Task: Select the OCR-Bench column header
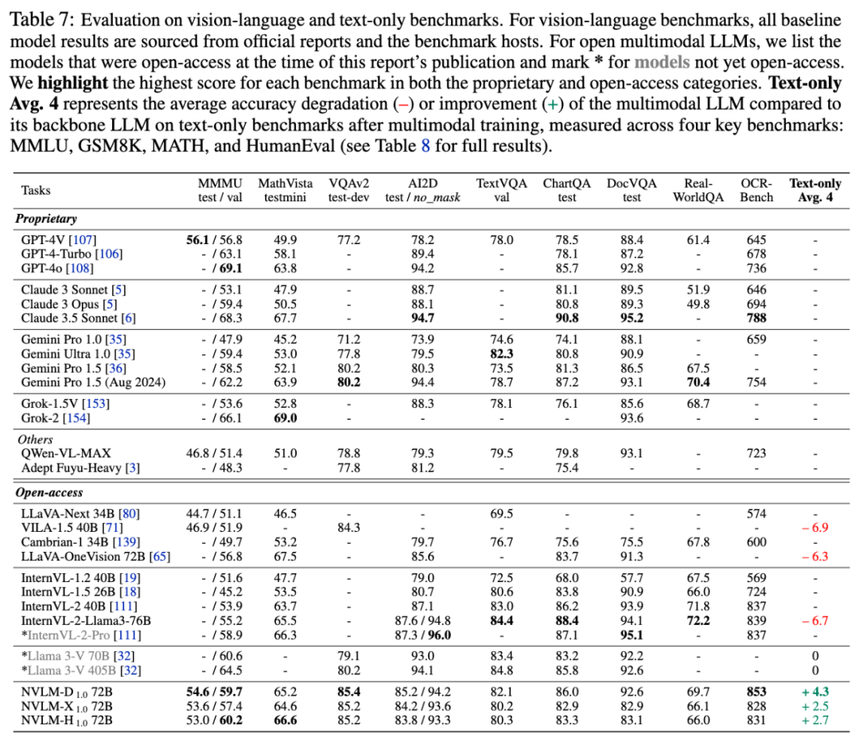tap(756, 190)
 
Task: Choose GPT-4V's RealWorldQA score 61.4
tap(698, 239)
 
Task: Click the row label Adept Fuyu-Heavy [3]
tap(80, 468)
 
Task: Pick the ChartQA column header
tap(566, 190)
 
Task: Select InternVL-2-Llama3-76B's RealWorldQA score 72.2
tap(698, 620)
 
